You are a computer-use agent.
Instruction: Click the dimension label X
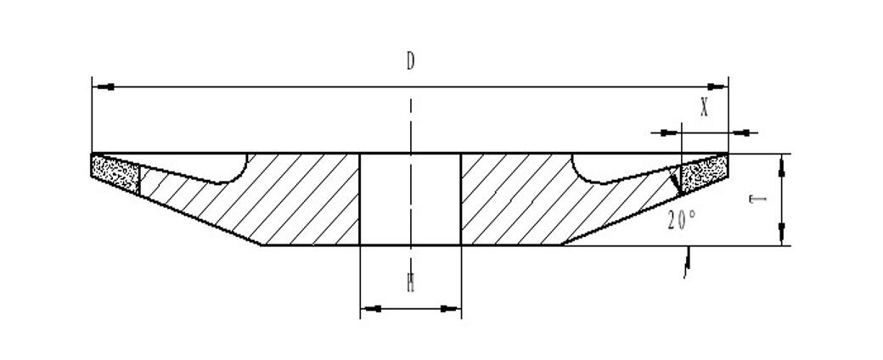(x=704, y=108)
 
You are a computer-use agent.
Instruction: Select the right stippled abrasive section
(x=703, y=174)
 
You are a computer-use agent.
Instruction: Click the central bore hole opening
(x=411, y=200)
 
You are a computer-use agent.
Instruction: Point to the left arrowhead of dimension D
(x=102, y=86)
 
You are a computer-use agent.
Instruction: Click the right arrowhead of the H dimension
(x=453, y=309)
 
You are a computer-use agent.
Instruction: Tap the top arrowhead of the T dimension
(x=782, y=164)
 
